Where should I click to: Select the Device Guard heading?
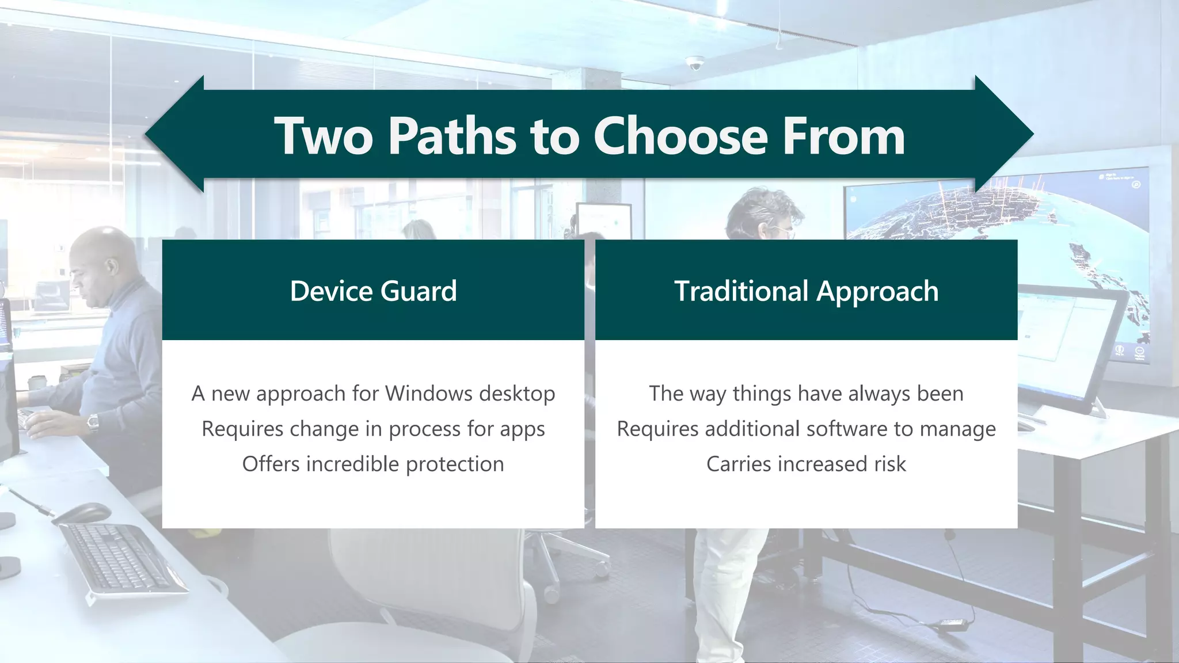point(373,291)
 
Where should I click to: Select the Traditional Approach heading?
point(806,291)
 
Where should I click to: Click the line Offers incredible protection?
point(373,464)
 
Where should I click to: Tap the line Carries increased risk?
point(806,464)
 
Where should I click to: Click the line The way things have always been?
point(806,394)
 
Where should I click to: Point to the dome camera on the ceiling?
point(695,63)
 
